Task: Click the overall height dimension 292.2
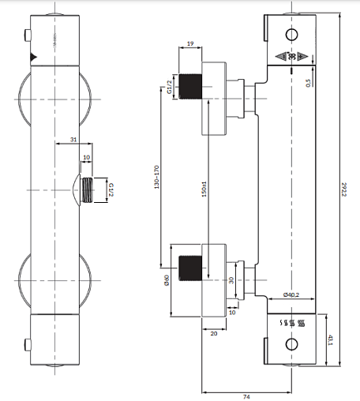click(344, 189)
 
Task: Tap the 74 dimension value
click(246, 396)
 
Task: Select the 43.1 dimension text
click(331, 340)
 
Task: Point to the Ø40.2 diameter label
click(291, 294)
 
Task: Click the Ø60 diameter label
click(167, 280)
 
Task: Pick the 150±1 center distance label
click(204, 189)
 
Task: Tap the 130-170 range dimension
click(157, 177)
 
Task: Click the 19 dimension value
click(190, 43)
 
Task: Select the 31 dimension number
click(73, 140)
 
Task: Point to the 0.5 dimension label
click(308, 83)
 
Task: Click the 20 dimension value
click(214, 334)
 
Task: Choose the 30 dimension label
click(231, 280)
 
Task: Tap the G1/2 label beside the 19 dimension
click(169, 87)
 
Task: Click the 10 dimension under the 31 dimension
click(86, 157)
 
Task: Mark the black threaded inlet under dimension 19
click(190, 87)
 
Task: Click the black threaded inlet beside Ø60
click(190, 268)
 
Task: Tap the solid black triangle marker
click(33, 57)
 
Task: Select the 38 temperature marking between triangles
click(291, 57)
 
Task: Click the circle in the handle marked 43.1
click(291, 344)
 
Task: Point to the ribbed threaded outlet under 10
click(88, 190)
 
